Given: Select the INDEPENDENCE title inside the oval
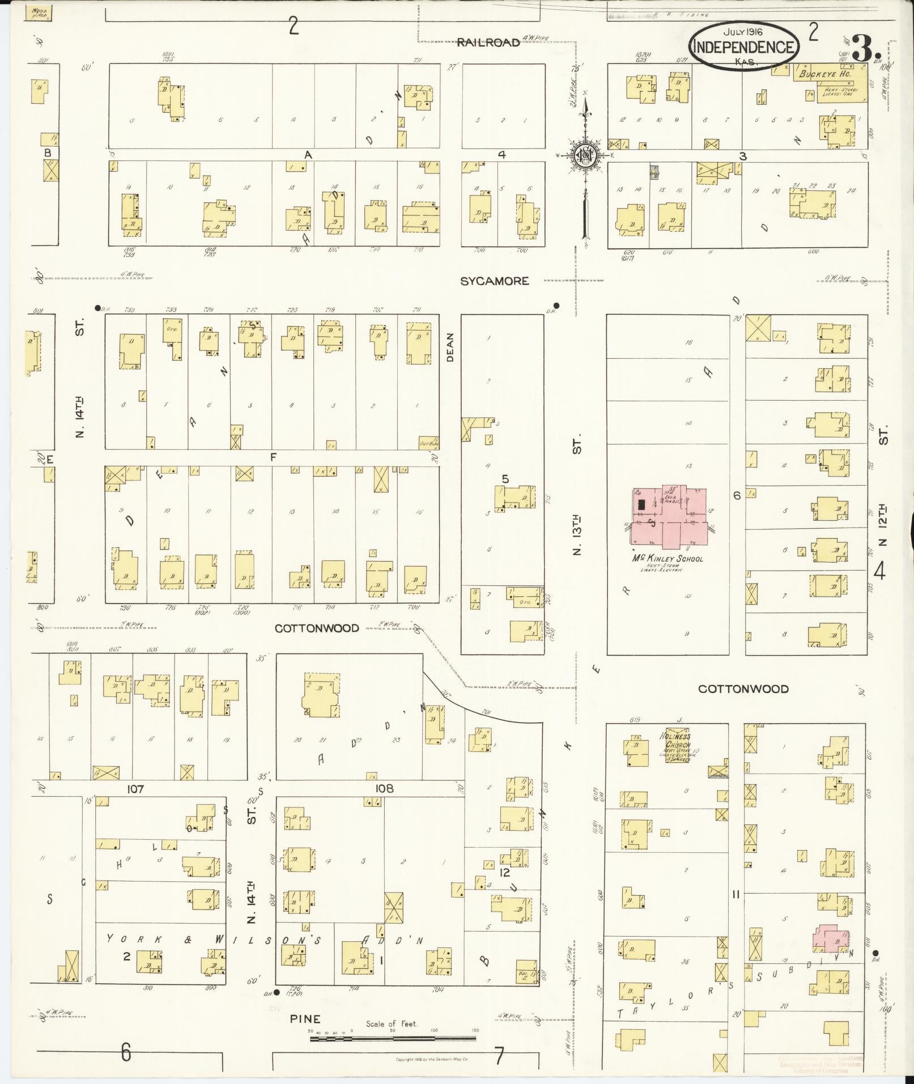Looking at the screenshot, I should pos(743,48).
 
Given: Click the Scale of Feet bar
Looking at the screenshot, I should pos(392,1039).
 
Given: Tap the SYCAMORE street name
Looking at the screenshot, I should pos(494,281).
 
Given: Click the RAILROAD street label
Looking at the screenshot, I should pos(488,42).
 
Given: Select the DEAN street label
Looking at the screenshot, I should pos(450,347).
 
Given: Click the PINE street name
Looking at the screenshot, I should pos(305,1019).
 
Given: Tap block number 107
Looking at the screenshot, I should pos(136,789).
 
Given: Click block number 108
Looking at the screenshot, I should pos(384,789).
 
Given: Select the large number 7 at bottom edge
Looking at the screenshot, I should pos(499,1056).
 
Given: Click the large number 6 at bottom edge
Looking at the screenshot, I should pos(125,1053).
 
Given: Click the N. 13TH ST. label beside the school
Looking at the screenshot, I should pos(577,493).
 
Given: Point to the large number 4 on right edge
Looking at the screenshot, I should pos(879,571).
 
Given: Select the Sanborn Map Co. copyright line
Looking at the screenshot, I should pos(431,1059).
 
